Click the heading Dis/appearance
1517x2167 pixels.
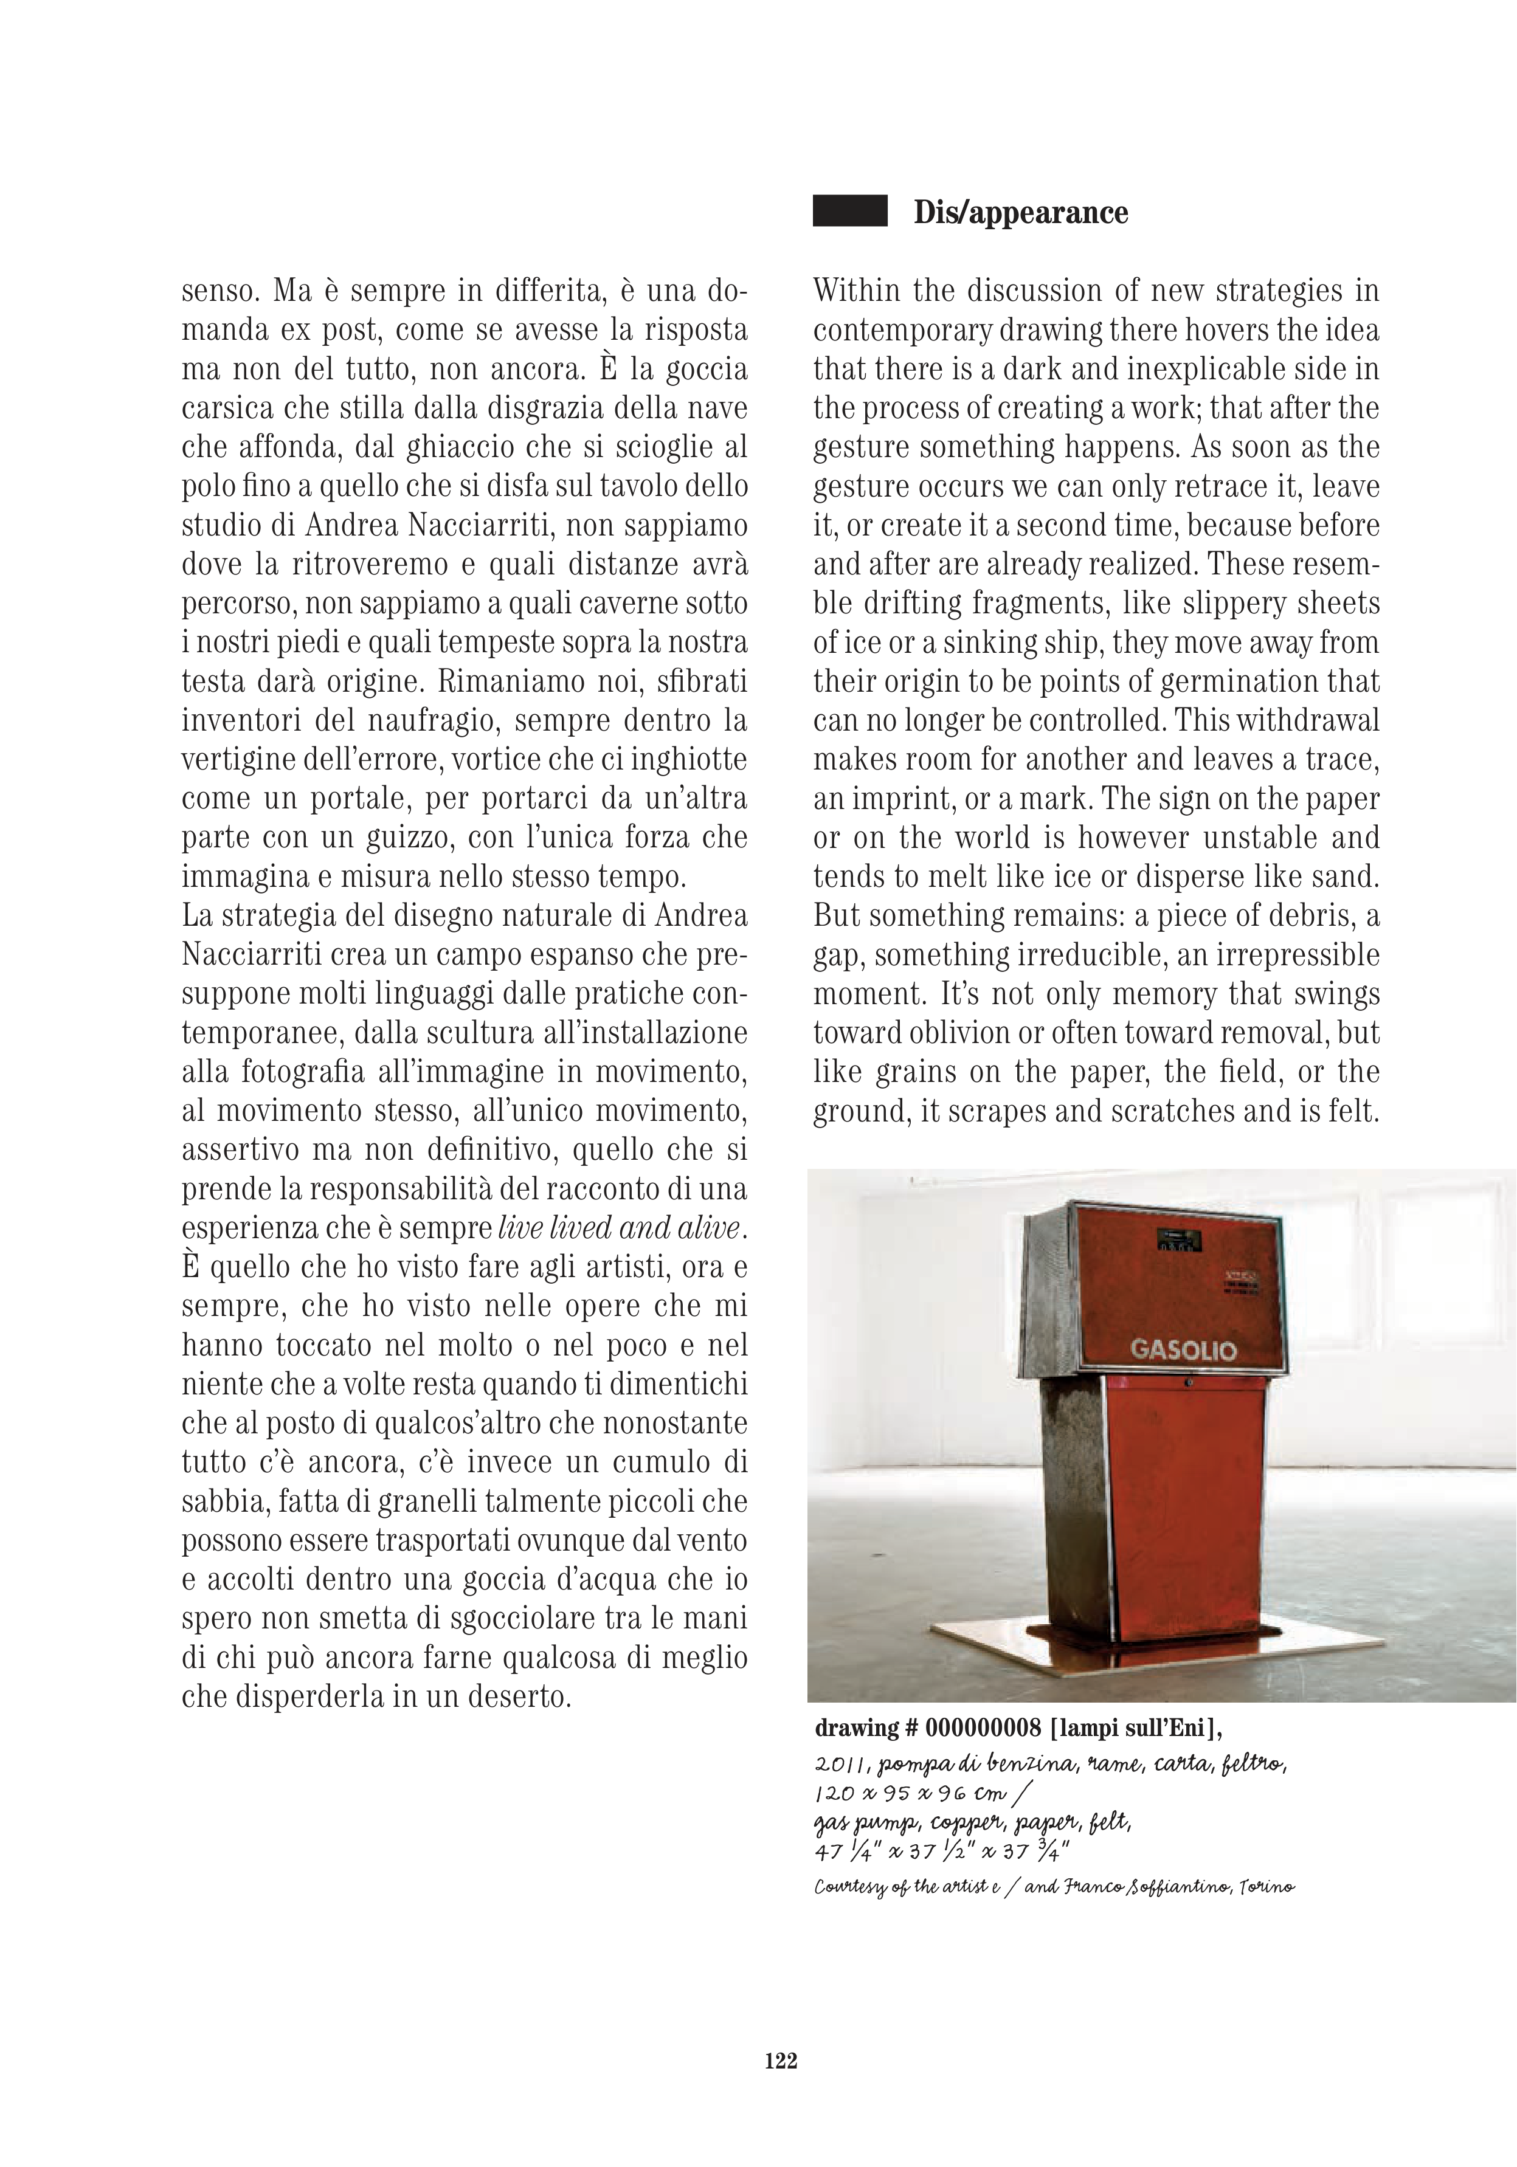pyautogui.click(x=1020, y=212)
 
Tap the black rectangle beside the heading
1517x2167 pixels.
pyautogui.click(x=849, y=210)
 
